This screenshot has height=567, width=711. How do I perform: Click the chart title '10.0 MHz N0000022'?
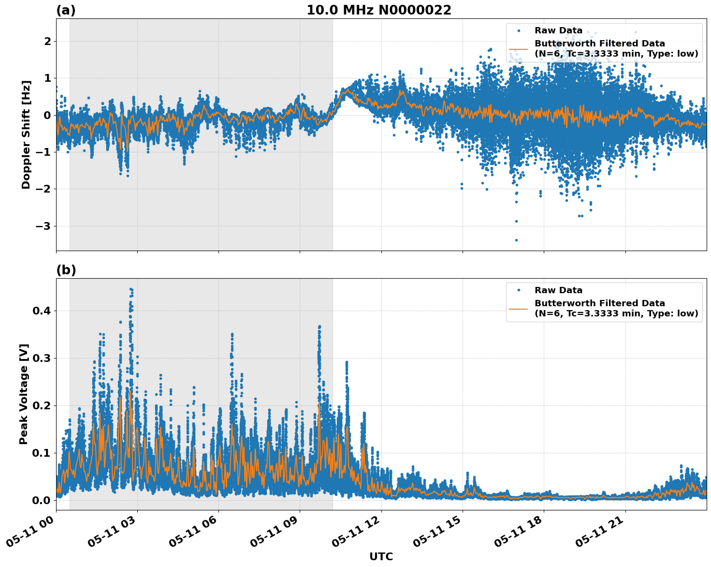378,10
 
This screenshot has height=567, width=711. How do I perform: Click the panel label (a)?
66,10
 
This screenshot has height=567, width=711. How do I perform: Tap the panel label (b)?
66,270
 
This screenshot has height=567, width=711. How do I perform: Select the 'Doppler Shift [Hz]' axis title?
26,134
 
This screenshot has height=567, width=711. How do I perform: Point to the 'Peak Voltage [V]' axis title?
24,394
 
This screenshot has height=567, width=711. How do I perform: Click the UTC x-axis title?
381,557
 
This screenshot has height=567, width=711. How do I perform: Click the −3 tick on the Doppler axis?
44,226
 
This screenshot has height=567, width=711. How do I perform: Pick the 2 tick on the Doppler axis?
47,41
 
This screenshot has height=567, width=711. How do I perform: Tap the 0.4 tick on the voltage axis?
41,311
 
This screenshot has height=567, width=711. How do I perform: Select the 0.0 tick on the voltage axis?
41,500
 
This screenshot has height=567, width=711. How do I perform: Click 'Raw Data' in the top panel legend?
558,30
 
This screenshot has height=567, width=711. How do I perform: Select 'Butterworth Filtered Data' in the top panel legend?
599,44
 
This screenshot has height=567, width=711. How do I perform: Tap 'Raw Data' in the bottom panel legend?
558,290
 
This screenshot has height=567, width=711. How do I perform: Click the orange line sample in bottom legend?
518,308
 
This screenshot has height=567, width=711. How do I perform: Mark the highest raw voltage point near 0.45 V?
131,289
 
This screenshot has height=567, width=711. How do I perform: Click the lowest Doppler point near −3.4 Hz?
516,240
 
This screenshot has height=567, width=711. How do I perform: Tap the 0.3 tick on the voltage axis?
41,358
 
